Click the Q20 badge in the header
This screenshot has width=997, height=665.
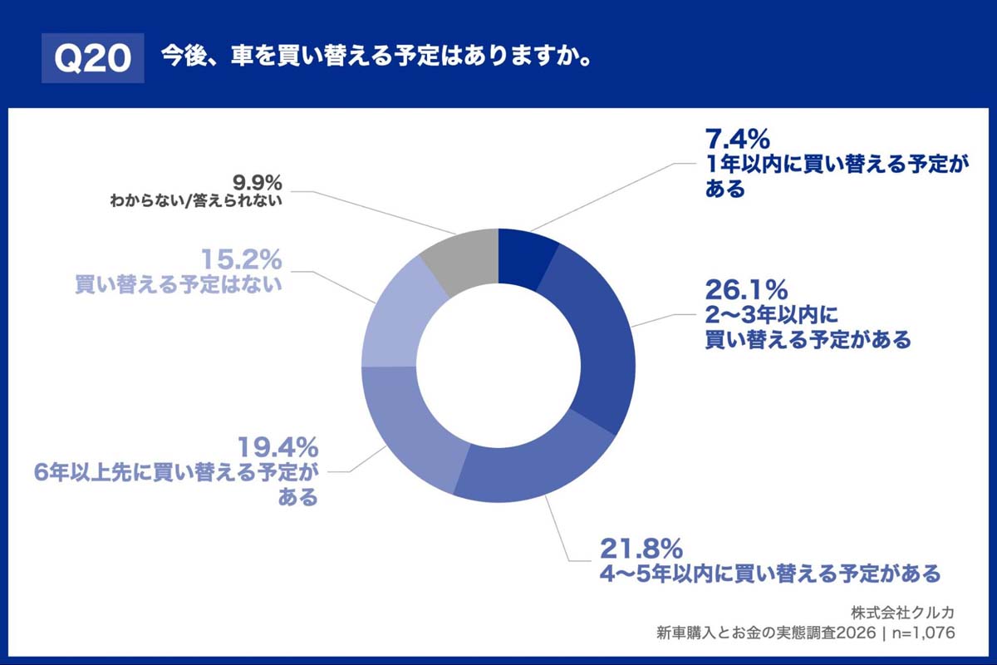pos(92,58)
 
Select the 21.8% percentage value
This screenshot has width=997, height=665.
pos(641,549)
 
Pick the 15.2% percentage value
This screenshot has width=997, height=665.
pos(242,260)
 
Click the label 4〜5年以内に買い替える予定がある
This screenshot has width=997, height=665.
pos(769,574)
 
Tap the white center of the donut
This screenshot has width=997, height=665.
pos(498,366)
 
